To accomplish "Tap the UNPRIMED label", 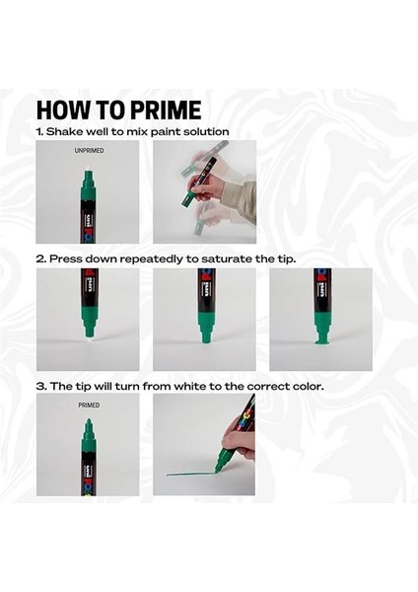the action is pyautogui.click(x=89, y=150).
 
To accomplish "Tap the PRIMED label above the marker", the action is pyautogui.click(x=89, y=406).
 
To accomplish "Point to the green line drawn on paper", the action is pyautogui.click(x=191, y=474).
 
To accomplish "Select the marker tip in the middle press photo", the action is pyautogui.click(x=206, y=337).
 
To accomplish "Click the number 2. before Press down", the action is pyautogui.click(x=41, y=259).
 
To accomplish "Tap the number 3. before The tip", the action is pyautogui.click(x=41, y=387).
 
